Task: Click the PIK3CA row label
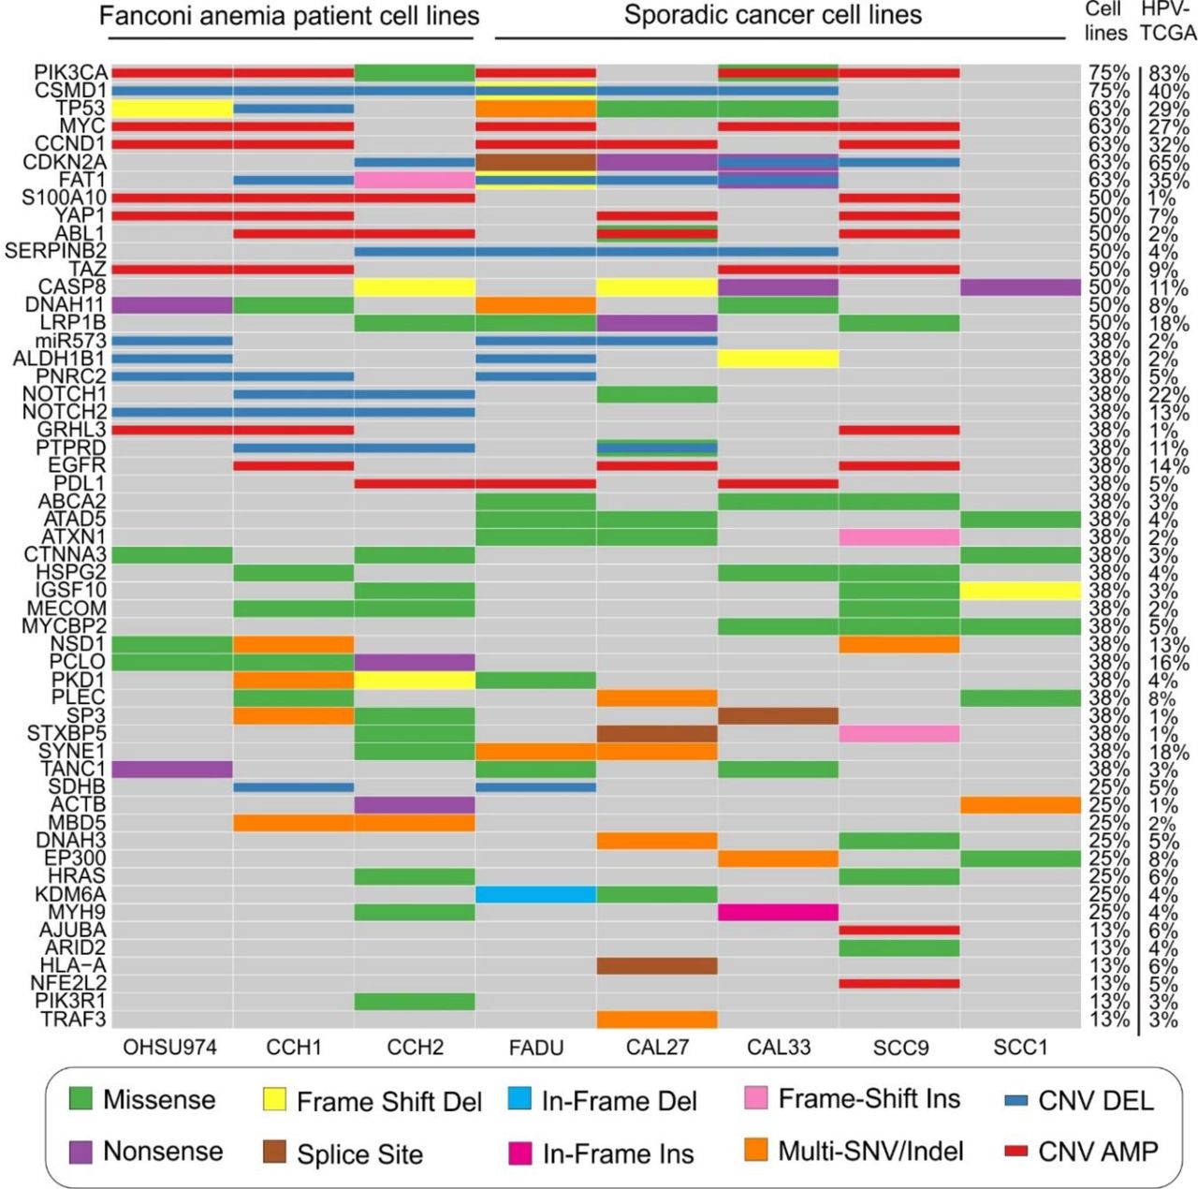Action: pos(70,73)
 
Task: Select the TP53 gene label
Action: pos(83,109)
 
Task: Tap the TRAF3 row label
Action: pos(73,1020)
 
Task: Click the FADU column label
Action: pos(536,1048)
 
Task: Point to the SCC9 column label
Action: pos(900,1048)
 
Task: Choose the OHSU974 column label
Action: pos(169,1048)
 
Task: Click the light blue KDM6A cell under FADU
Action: pos(536,894)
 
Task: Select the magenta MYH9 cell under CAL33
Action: pos(778,912)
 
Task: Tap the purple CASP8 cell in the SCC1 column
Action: pos(1020,287)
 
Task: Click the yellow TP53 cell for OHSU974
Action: pos(172,109)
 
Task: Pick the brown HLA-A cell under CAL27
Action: pos(657,965)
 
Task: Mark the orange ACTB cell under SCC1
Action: pos(1020,805)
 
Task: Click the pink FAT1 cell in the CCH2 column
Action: pos(415,180)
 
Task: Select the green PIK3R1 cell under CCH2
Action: pos(415,1002)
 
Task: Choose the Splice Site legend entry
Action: pos(342,1153)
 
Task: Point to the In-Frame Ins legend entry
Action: pos(600,1153)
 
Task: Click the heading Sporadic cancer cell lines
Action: pos(772,16)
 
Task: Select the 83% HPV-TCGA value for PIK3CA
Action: pos(1169,73)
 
